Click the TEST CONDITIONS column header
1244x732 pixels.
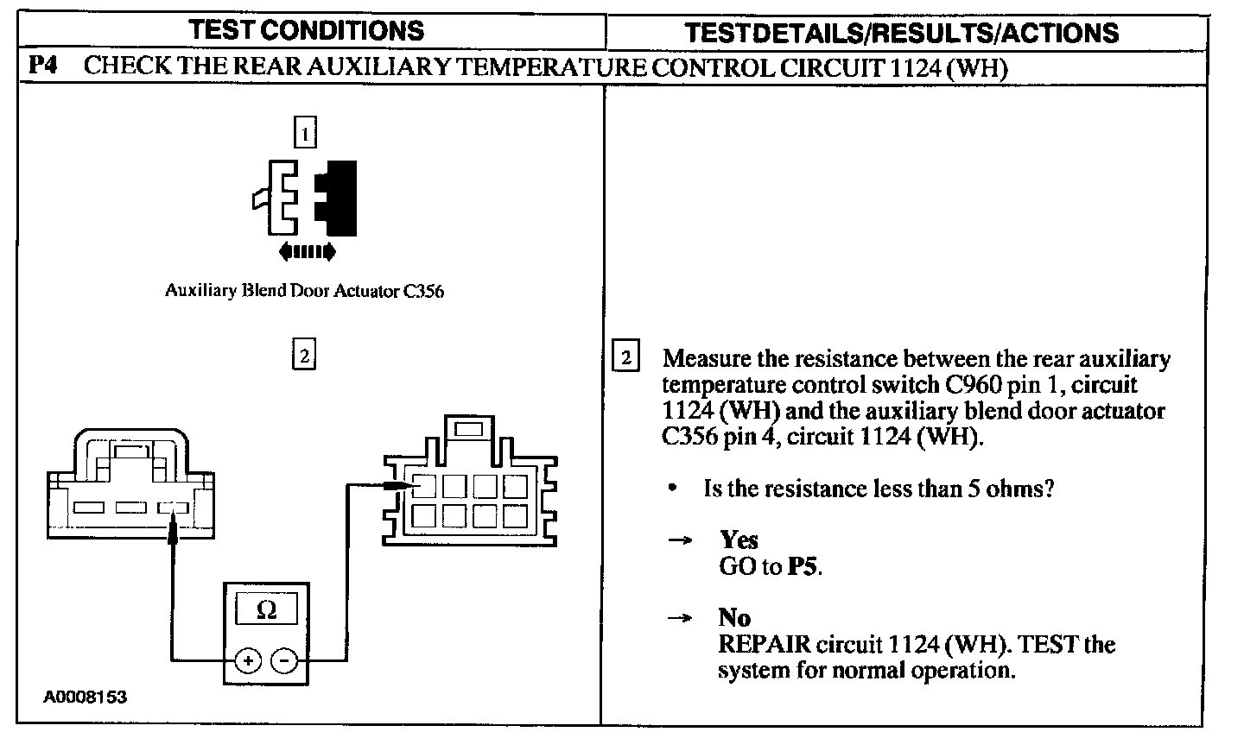[x=307, y=31]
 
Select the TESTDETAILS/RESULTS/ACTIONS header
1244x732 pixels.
[x=901, y=33]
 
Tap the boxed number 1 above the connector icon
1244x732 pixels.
[x=305, y=133]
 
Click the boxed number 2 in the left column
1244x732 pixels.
[x=304, y=355]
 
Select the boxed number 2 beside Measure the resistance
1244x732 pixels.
[x=626, y=357]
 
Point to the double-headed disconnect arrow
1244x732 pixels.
[x=307, y=252]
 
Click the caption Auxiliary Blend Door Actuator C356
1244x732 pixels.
[x=304, y=291]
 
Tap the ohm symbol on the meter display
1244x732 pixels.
[x=267, y=610]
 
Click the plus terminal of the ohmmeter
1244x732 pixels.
[x=248, y=661]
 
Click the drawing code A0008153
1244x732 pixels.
[x=86, y=697]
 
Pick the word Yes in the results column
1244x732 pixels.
[x=739, y=540]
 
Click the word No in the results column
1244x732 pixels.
[x=734, y=618]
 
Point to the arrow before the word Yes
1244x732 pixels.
[x=681, y=540]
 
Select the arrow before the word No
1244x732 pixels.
[x=681, y=618]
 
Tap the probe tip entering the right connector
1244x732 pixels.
[x=401, y=487]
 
